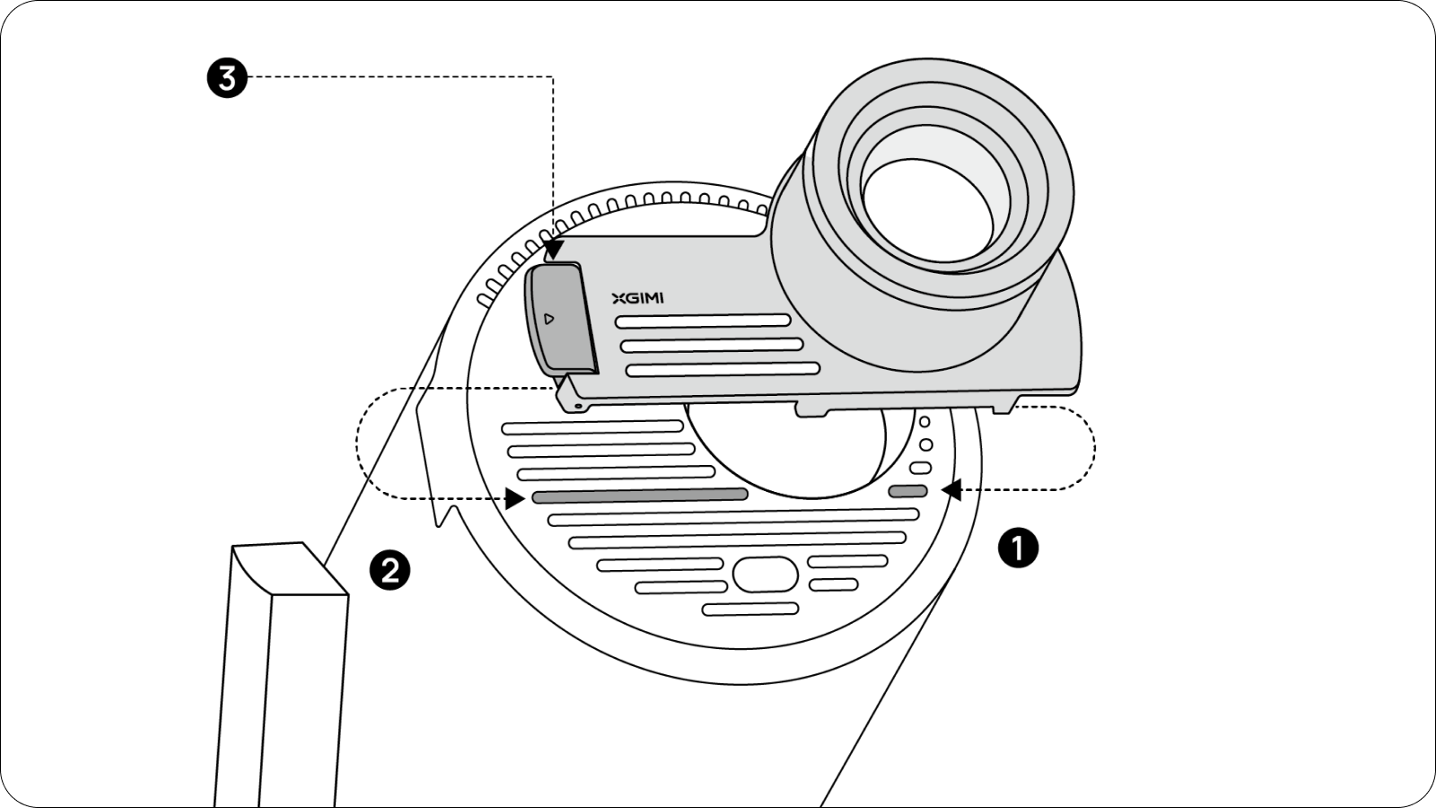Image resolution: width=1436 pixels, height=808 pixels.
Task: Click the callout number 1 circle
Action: pyautogui.click(x=1018, y=547)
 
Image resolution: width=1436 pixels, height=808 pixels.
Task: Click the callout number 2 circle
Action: pyautogui.click(x=390, y=569)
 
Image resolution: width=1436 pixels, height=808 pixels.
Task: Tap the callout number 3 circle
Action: pyautogui.click(x=227, y=78)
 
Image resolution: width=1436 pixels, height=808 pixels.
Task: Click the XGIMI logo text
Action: pyautogui.click(x=637, y=298)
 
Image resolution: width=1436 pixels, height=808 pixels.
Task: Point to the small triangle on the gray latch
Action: pyautogui.click(x=549, y=319)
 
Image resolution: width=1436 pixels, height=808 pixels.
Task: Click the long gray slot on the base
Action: pyautogui.click(x=640, y=495)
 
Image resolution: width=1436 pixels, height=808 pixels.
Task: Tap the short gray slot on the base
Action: pyautogui.click(x=907, y=491)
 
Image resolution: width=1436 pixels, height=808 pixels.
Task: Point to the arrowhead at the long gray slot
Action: pyautogui.click(x=515, y=497)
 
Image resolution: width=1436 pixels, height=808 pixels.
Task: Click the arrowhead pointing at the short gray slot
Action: pyautogui.click(x=951, y=489)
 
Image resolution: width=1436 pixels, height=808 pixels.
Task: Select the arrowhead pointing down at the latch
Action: pyautogui.click(x=554, y=249)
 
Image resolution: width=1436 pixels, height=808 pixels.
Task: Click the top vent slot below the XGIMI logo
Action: pyautogui.click(x=702, y=321)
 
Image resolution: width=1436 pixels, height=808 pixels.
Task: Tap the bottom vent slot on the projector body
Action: pyautogui.click(x=722, y=369)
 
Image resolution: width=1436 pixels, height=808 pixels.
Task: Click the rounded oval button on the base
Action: pyautogui.click(x=766, y=574)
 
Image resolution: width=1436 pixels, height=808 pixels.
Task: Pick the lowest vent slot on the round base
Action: pyautogui.click(x=750, y=610)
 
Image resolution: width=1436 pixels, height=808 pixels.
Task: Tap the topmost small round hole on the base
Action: pyautogui.click(x=924, y=422)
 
